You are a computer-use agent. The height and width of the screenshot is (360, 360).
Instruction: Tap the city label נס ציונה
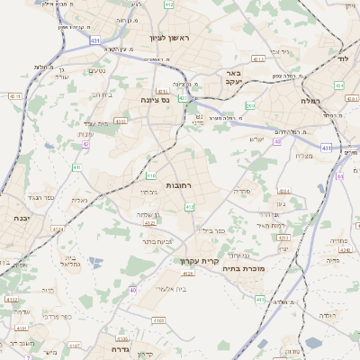[x=156, y=101]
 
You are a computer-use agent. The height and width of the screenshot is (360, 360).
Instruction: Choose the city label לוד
[x=342, y=57]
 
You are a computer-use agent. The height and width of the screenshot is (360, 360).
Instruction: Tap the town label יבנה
[x=21, y=218]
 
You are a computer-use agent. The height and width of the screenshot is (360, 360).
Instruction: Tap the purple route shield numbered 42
[x=85, y=144]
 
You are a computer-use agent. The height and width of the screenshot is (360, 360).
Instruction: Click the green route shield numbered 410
[x=152, y=176]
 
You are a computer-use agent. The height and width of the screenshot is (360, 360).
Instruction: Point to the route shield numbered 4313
[x=258, y=58]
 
